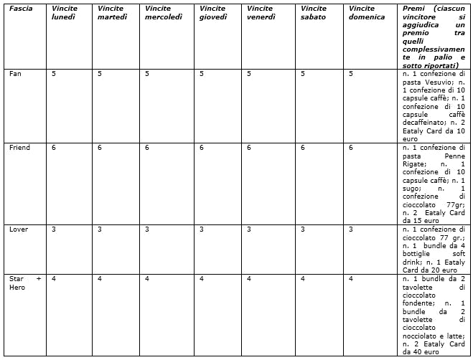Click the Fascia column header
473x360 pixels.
(21, 9)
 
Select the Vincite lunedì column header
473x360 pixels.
(65, 13)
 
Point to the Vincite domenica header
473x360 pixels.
(366, 13)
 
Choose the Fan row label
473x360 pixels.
(15, 73)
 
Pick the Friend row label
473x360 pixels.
(19, 147)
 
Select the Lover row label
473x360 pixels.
(19, 229)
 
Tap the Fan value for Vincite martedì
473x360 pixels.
(100, 73)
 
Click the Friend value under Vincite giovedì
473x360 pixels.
(202, 147)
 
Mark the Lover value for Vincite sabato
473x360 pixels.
(303, 229)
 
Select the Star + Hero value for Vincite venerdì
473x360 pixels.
(249, 278)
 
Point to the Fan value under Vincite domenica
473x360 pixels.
(350, 73)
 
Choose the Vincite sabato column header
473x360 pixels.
(313, 13)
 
